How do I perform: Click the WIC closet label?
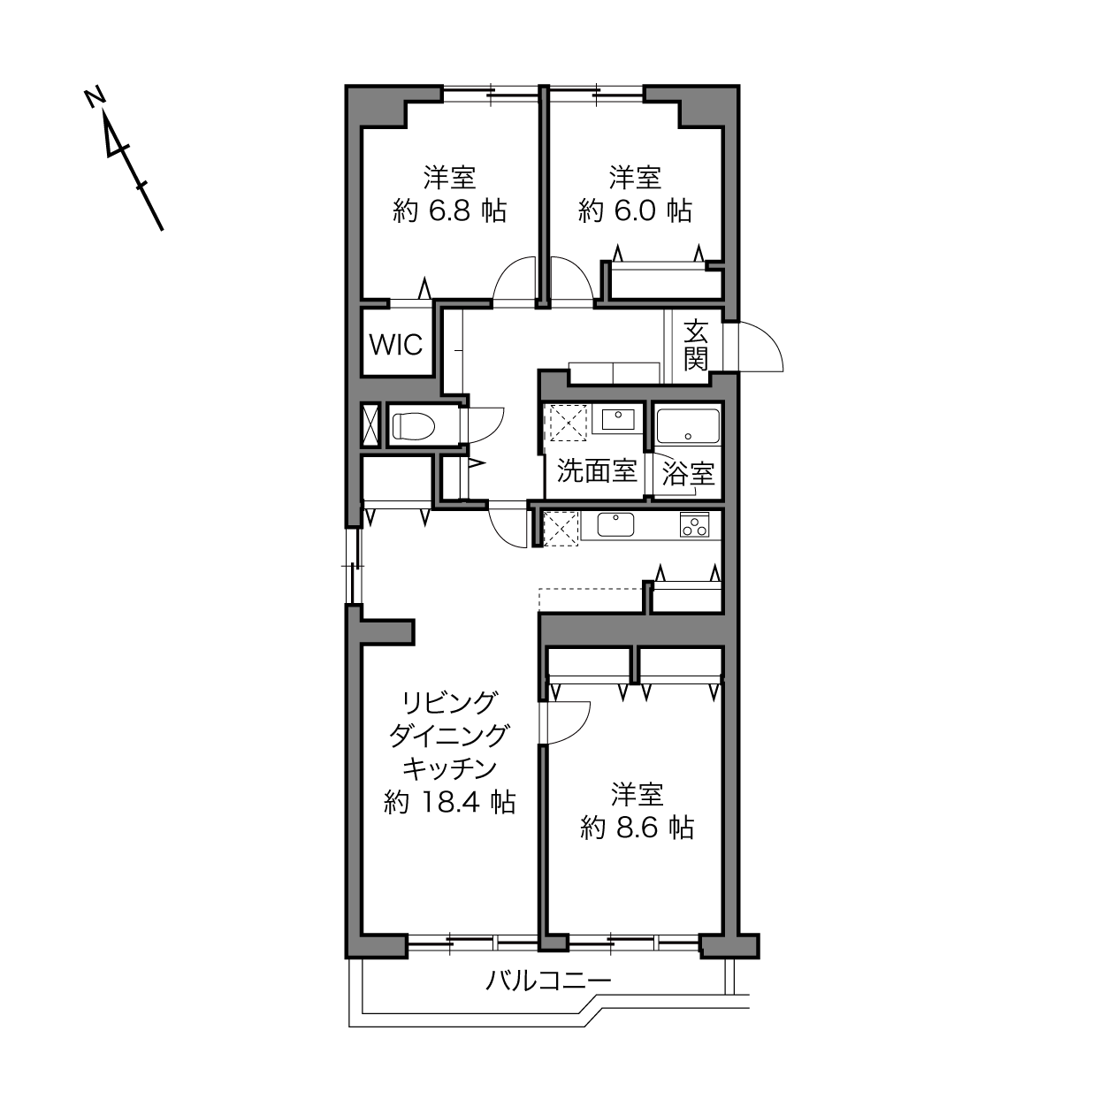click(x=396, y=345)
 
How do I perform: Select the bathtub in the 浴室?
click(x=688, y=426)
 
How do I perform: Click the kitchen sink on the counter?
click(x=615, y=524)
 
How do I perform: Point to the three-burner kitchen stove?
click(x=695, y=524)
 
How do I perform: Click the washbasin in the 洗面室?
click(x=617, y=419)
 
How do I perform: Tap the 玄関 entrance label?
click(x=696, y=345)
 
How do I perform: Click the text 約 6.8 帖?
click(x=450, y=210)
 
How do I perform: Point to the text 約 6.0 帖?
click(x=635, y=210)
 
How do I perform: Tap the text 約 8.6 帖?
click(x=637, y=828)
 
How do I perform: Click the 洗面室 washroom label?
click(x=598, y=471)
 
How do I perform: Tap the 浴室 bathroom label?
click(x=688, y=474)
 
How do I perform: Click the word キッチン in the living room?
click(x=450, y=768)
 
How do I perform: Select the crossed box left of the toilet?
click(x=370, y=425)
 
